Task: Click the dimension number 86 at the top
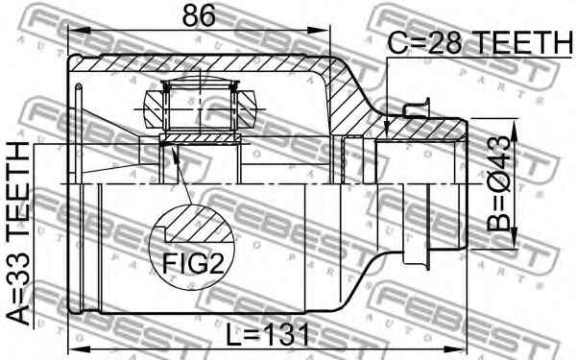[199, 15]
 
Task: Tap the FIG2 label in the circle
[193, 263]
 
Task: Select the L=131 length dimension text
[268, 335]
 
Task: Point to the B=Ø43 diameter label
[499, 183]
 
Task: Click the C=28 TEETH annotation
[480, 42]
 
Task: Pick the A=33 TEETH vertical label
[18, 233]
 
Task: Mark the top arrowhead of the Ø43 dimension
[514, 129]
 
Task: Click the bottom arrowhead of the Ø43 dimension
[514, 239]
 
